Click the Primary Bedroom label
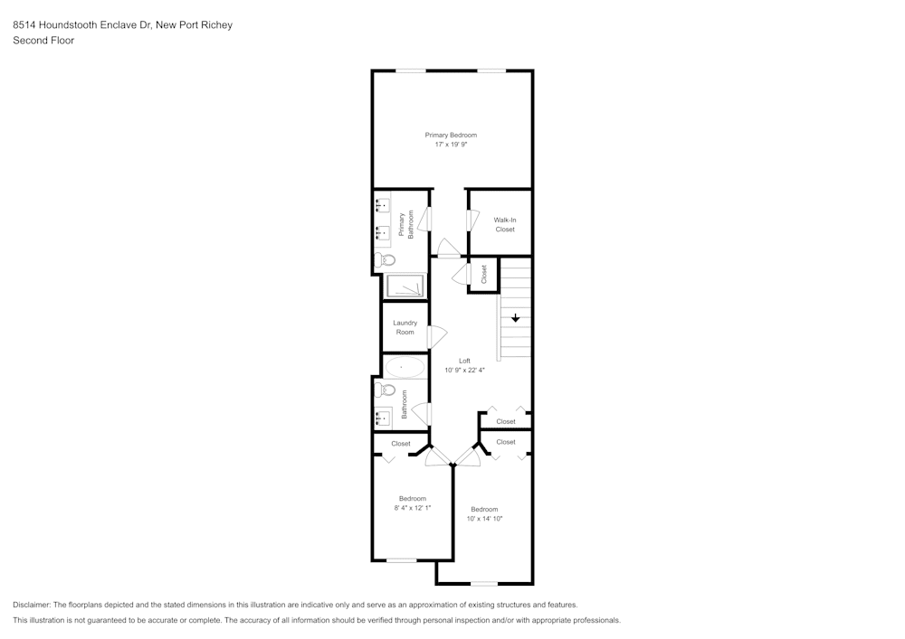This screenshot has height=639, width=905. click(451, 135)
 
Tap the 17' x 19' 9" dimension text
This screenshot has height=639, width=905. click(451, 144)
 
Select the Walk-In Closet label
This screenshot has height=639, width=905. click(504, 224)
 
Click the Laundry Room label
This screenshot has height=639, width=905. click(405, 327)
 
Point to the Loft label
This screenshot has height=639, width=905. click(464, 361)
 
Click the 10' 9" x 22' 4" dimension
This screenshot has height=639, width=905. click(464, 370)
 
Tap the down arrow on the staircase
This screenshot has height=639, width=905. click(516, 318)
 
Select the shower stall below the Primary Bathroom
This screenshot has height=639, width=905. click(405, 286)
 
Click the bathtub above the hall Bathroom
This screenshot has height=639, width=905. click(404, 367)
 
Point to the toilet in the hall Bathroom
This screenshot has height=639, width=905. click(386, 391)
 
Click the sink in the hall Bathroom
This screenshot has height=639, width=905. click(383, 417)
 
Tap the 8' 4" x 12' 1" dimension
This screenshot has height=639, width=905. click(413, 508)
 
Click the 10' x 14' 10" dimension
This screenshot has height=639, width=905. click(484, 518)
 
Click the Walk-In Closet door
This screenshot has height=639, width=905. click(471, 221)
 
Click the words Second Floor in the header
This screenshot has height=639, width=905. click(43, 41)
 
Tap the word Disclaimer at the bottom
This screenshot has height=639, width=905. click(33, 605)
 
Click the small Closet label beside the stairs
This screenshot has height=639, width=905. click(484, 274)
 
